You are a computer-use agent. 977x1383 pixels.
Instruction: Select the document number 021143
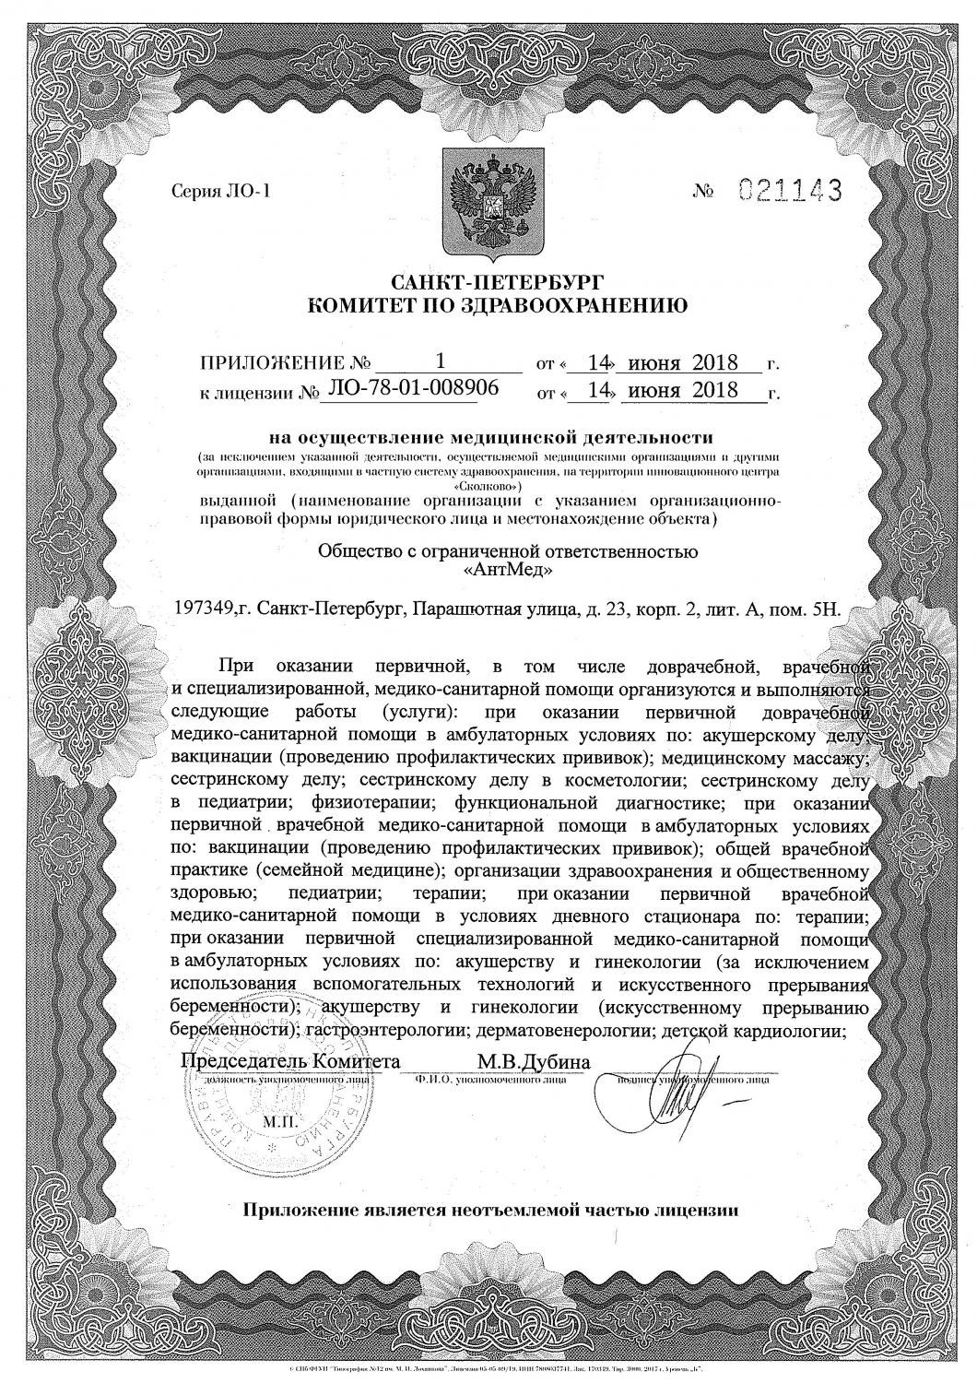click(792, 192)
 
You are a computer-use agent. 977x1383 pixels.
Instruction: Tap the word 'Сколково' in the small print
click(488, 485)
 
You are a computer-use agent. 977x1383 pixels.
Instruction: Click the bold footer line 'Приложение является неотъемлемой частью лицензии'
click(489, 1209)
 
